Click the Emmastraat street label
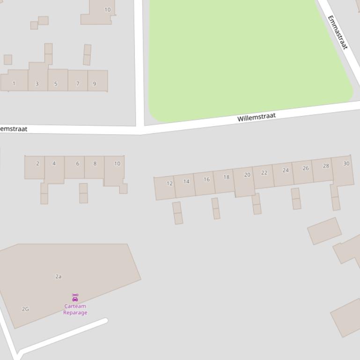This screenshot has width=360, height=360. click(x=338, y=32)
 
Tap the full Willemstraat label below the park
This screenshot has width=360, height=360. click(x=257, y=117)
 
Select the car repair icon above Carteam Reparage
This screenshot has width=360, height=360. click(x=75, y=297)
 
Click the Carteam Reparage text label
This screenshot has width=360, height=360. click(x=75, y=310)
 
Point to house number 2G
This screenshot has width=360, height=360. click(x=25, y=309)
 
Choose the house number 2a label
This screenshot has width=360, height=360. click(x=59, y=277)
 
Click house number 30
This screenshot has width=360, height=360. click(x=346, y=164)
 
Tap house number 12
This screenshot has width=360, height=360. click(x=169, y=183)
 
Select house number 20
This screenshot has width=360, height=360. click(x=247, y=175)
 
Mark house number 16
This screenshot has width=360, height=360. click(x=206, y=180)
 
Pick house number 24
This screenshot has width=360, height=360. click(x=286, y=170)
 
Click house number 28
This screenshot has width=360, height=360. click(x=326, y=166)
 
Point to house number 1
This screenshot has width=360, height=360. click(x=14, y=84)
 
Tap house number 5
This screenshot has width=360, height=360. click(x=56, y=84)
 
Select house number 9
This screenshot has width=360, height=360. click(x=95, y=84)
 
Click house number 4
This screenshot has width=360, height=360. click(x=54, y=164)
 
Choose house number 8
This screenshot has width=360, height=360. click(x=95, y=164)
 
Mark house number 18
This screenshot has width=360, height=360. click(x=227, y=177)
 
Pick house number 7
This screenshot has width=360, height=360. click(x=78, y=84)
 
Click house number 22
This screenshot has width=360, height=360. click(x=264, y=173)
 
